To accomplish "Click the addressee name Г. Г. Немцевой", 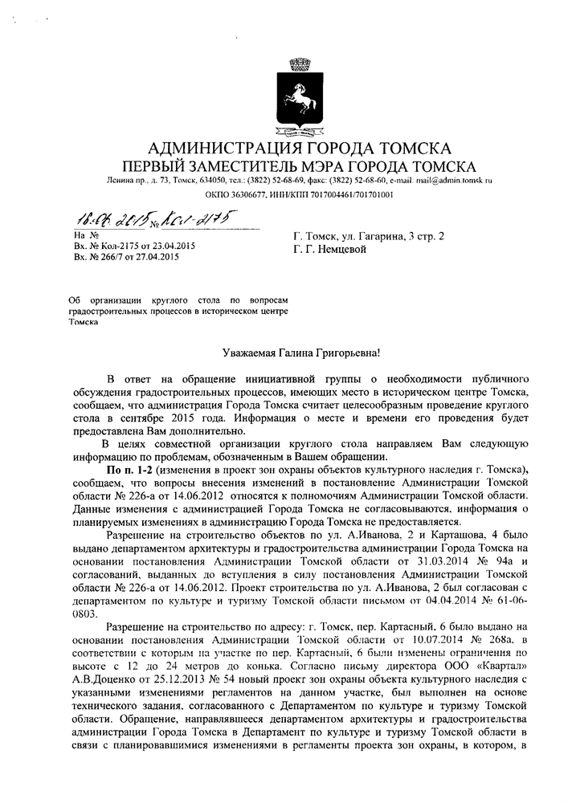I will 330,250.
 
